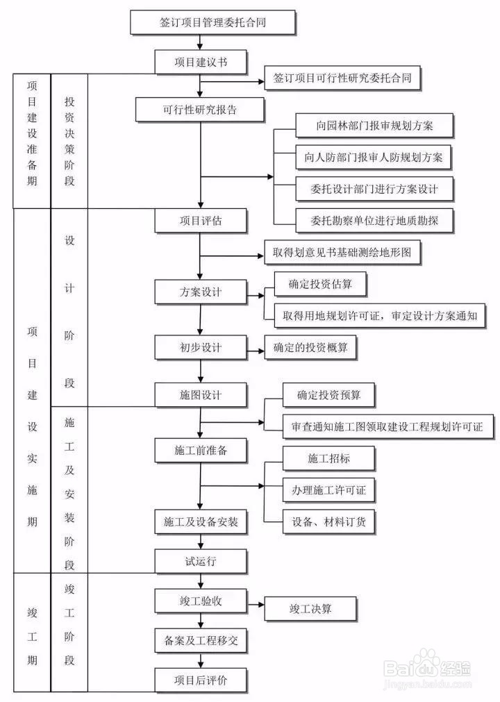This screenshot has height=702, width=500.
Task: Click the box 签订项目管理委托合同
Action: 213,22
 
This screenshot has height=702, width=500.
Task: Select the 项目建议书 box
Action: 201,62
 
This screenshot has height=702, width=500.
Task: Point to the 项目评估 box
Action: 201,221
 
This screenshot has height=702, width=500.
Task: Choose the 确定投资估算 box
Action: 319,283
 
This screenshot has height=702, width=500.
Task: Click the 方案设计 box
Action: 201,292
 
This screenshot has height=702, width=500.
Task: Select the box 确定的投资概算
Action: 310,347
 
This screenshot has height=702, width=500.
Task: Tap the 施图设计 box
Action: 201,394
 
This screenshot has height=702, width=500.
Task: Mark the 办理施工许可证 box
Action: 330,490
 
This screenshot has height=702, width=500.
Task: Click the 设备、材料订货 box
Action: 330,521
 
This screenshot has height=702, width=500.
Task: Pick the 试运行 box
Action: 201,560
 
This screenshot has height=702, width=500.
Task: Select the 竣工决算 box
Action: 310,609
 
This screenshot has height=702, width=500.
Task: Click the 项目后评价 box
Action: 201,680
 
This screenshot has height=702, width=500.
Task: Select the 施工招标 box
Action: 330,458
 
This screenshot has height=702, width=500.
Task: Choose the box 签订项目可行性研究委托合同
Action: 343,78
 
